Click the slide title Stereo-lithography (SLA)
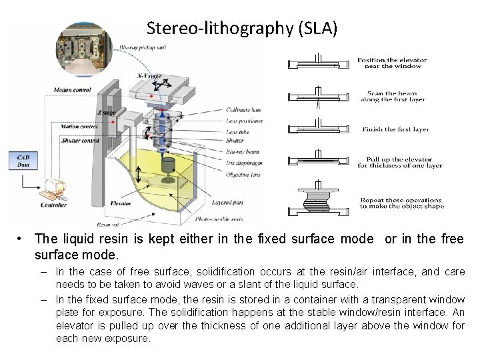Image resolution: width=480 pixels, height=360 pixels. [241, 28]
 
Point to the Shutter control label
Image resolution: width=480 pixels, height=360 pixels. [81, 141]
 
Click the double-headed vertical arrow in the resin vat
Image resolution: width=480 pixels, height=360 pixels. [138, 177]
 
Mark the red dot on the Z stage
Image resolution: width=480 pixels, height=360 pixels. [114, 122]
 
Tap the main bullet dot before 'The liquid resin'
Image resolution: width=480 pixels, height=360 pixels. [23, 239]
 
